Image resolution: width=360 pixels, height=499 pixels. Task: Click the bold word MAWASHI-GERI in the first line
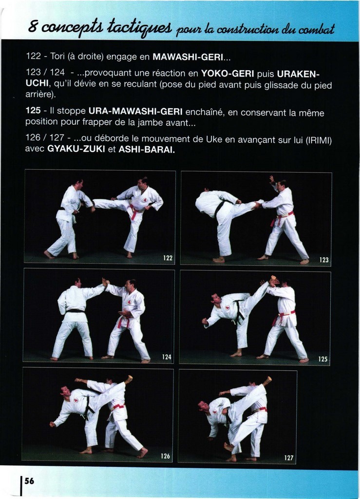[188, 57]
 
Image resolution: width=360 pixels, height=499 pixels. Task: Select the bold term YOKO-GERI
[227, 74]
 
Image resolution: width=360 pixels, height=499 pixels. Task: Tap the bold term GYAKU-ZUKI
[76, 149]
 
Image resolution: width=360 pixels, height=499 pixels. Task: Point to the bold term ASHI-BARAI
[147, 149]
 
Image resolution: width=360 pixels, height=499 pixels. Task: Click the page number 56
[29, 480]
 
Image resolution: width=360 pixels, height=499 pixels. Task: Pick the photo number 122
[168, 258]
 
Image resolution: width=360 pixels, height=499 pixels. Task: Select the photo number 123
[324, 260]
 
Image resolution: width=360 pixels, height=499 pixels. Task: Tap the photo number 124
[167, 357]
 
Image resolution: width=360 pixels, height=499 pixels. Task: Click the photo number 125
[323, 359]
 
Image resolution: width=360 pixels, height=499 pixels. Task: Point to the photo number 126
[165, 456]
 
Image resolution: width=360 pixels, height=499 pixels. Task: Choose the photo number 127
[289, 458]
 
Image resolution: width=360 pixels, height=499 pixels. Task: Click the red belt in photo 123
[281, 218]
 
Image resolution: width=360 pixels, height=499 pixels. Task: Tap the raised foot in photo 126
[129, 379]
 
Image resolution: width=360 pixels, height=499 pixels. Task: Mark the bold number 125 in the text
[33, 111]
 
